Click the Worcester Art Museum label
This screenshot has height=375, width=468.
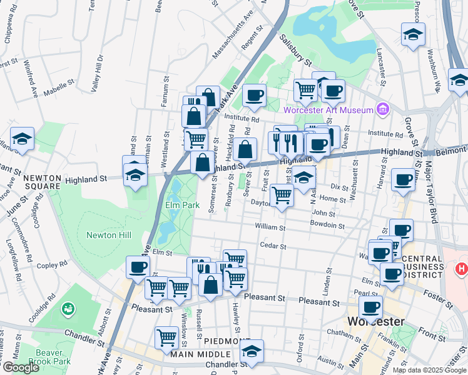click(328, 111)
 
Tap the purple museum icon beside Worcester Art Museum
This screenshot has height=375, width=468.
click(382, 110)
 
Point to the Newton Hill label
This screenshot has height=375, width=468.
click(109, 235)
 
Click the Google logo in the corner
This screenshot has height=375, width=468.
click(21, 367)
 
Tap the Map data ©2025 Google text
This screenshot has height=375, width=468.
click(429, 370)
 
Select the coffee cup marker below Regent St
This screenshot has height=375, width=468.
click(254, 95)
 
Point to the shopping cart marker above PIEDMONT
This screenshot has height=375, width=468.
click(167, 337)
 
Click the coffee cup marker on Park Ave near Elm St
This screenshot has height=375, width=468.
click(138, 267)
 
